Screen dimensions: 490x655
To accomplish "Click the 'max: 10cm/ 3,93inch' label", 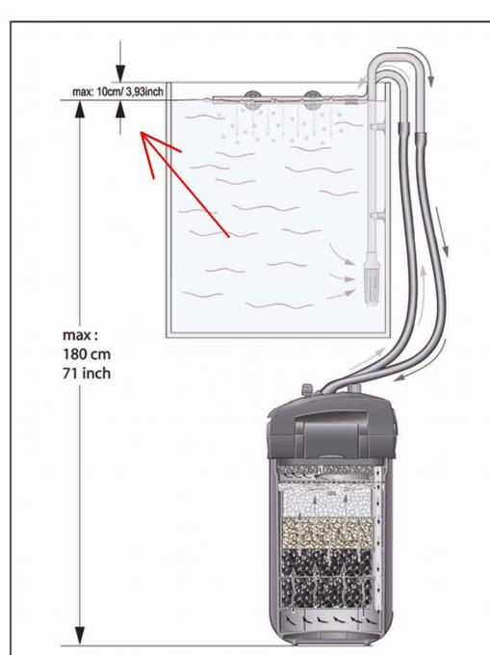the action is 117,92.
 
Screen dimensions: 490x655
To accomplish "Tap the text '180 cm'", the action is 87,354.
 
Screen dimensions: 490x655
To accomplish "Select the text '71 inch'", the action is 87,373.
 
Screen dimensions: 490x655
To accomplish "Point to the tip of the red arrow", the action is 141,132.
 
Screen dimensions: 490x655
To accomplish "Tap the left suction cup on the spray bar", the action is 251,100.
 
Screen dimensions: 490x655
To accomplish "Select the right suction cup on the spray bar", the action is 311,100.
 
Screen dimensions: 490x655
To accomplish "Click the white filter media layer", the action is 326,504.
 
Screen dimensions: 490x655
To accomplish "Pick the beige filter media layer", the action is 326,534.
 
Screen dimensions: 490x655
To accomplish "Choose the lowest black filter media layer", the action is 326,592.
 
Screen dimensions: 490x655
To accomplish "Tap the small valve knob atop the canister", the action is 308,389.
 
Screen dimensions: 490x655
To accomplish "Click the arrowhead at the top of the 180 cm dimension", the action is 80,110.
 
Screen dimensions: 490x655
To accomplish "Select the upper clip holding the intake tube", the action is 376,125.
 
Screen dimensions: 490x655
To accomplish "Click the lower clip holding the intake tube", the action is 376,216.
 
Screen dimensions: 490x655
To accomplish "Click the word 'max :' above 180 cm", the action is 81,335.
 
